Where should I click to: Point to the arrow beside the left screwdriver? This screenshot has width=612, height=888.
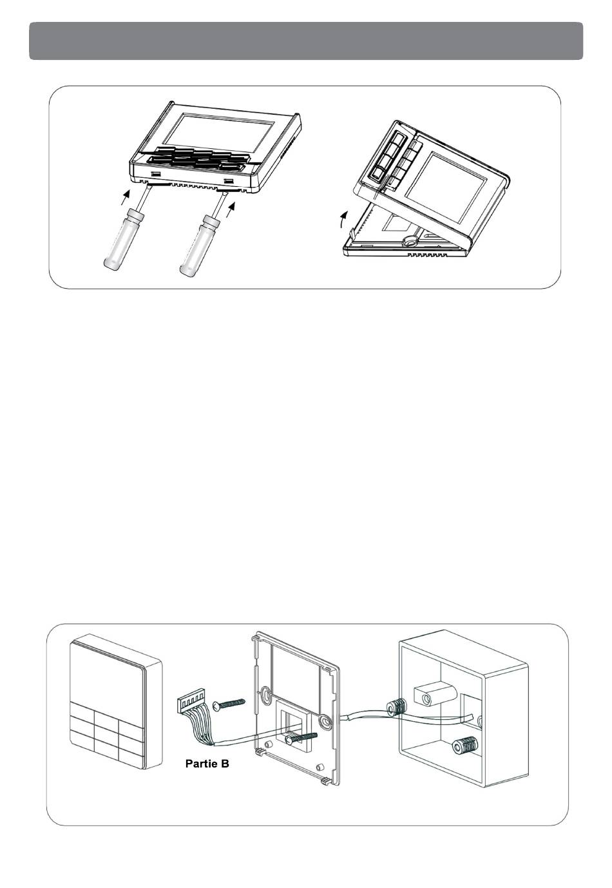(125, 197)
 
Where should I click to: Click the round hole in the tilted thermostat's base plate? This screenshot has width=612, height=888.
(407, 240)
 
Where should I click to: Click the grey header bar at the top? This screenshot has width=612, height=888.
(306, 41)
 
